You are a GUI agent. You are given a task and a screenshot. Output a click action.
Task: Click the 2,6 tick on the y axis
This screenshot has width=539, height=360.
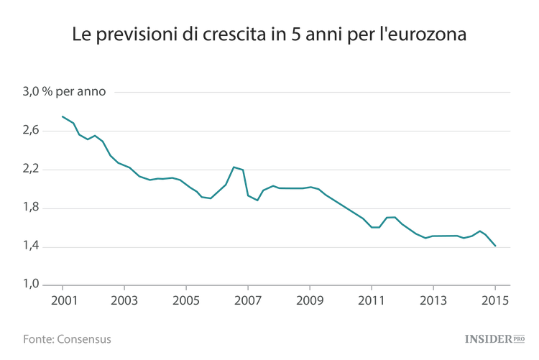[x=32, y=131]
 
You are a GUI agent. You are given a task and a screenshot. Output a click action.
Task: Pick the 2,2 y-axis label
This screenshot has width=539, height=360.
[x=32, y=170]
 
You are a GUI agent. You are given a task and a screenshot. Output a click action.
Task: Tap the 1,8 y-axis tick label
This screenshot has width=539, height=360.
[x=32, y=208]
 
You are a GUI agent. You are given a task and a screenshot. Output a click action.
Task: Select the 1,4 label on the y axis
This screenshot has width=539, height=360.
[x=32, y=247]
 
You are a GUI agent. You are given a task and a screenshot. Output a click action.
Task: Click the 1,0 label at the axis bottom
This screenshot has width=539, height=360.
[x=32, y=285]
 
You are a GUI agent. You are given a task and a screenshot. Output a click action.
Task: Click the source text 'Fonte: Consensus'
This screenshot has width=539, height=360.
[x=67, y=338]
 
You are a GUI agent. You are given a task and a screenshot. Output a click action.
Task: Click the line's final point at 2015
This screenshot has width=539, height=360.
[x=495, y=246]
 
